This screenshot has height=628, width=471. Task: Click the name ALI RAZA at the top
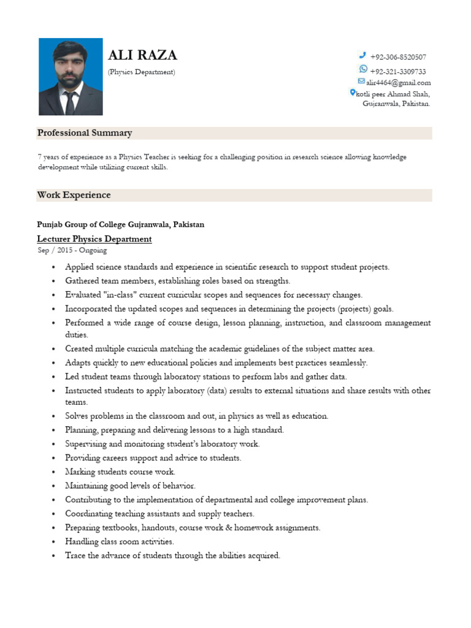tap(142, 56)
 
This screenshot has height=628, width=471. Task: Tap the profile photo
tap(71, 77)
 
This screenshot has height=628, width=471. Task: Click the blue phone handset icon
tap(362, 56)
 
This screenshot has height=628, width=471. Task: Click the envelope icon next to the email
tap(362, 82)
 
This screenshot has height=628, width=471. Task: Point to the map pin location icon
tap(353, 93)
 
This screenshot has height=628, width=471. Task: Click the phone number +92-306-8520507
tap(398, 57)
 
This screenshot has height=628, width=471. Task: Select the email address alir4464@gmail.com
tap(399, 83)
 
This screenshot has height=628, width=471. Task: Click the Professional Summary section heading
tap(85, 133)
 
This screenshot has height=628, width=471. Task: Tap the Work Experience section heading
tap(74, 195)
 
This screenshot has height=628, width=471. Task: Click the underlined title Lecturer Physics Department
tap(94, 239)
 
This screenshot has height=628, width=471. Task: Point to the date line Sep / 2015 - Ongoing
tap(72, 250)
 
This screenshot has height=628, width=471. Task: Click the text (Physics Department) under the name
tap(142, 72)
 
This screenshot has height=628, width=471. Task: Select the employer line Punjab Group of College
tap(121, 224)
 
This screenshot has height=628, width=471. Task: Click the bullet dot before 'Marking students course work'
tap(55, 472)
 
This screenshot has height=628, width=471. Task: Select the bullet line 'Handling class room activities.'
tap(120, 542)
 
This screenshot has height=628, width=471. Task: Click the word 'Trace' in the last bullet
tap(75, 556)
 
